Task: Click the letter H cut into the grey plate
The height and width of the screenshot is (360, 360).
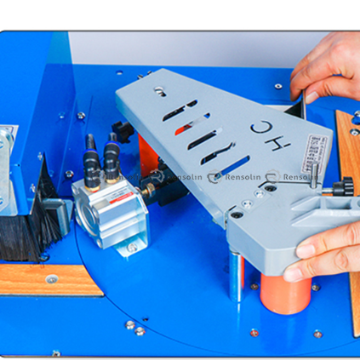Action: (258, 128)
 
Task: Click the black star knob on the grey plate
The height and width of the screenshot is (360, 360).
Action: (343, 187)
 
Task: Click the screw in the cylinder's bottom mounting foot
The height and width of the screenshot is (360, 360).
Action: (131, 248)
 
